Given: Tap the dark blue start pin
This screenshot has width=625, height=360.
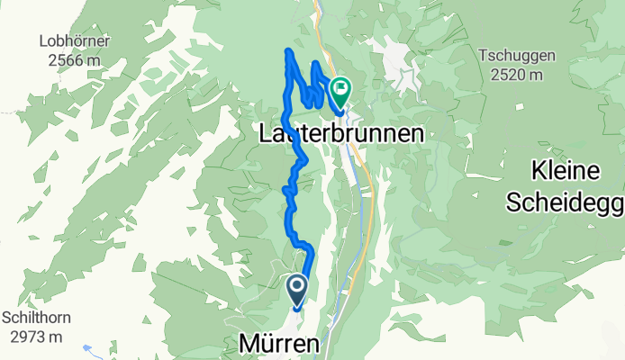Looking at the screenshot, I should (295, 290).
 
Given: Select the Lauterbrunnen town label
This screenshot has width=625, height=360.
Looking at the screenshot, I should (340, 133).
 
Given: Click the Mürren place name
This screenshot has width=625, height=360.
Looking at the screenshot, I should (278, 344).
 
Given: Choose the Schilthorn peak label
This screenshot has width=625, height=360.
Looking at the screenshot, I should (36, 318).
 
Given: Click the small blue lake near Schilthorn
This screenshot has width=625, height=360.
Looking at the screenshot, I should (86, 346).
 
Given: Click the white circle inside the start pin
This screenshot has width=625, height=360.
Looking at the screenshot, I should (295, 287).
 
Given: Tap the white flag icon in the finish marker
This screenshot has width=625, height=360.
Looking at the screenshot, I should (341, 88).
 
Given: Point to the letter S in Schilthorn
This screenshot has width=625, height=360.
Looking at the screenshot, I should (5, 318).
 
